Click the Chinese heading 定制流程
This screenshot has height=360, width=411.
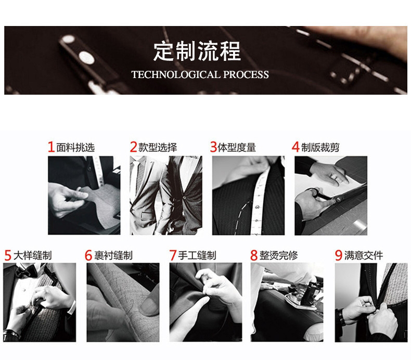(197, 51)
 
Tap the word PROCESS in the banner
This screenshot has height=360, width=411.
(246, 75)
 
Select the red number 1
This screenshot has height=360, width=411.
(51, 147)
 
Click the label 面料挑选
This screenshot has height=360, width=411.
(75, 147)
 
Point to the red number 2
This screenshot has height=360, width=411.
(133, 147)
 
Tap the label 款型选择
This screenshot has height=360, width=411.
(158, 147)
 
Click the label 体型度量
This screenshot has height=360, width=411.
(237, 147)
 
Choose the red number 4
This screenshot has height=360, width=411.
(296, 147)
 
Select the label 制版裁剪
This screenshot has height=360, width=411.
(320, 147)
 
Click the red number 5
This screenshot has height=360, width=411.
(8, 255)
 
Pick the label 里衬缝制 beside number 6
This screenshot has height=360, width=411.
(113, 255)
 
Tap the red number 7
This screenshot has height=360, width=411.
(173, 255)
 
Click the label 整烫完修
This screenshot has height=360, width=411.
(279, 255)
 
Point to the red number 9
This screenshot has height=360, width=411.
(339, 255)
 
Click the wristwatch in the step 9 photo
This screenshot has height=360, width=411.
(341, 317)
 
